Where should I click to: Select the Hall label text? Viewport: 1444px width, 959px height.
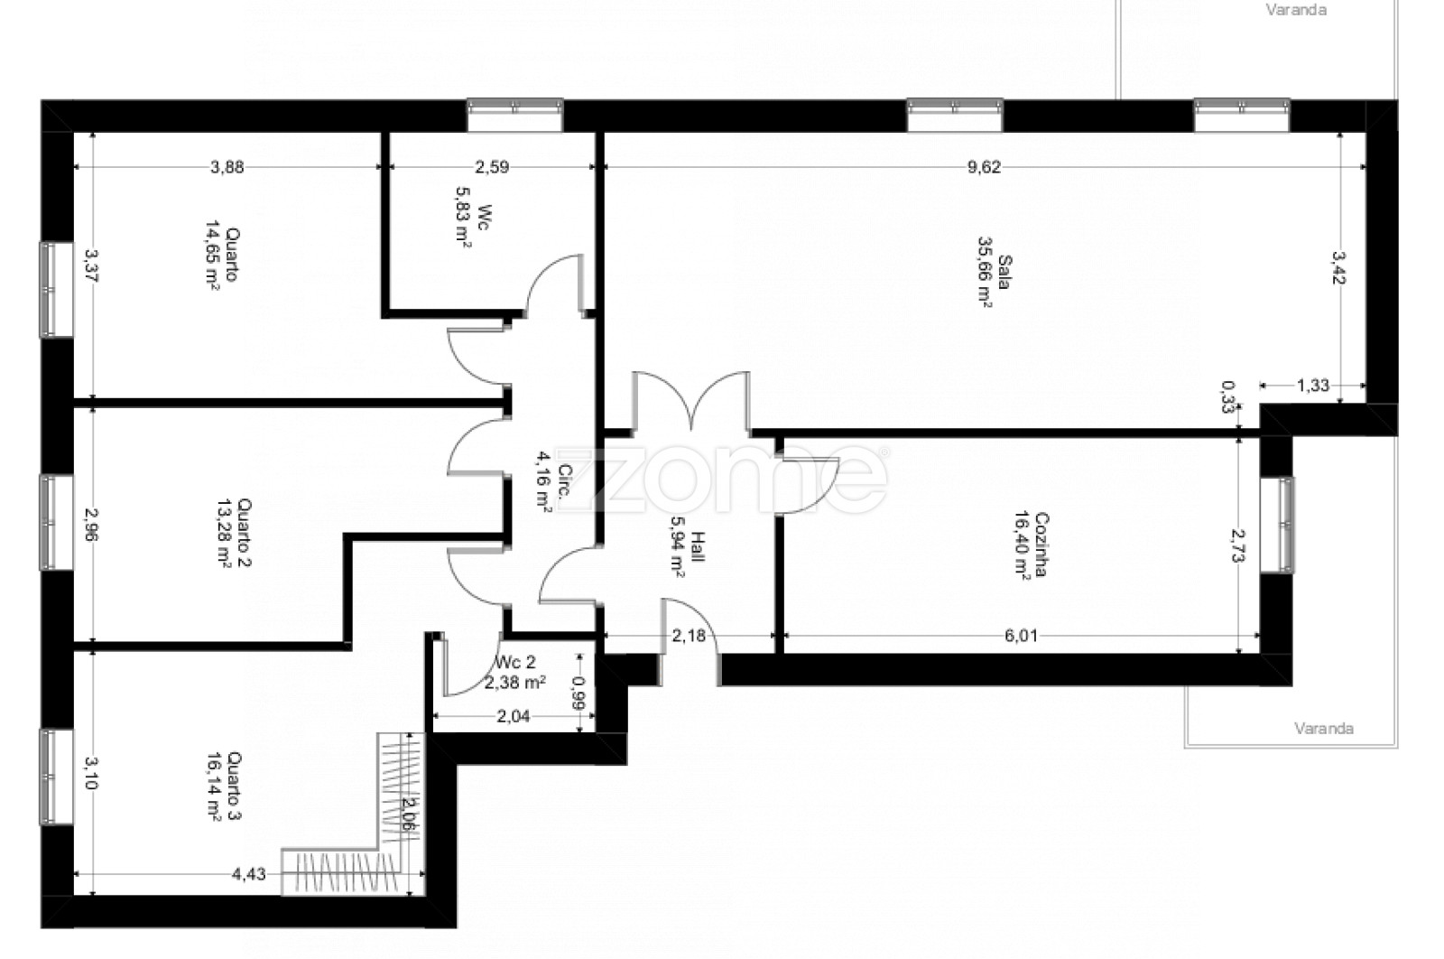(698, 547)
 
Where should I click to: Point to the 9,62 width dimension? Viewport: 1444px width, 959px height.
(985, 167)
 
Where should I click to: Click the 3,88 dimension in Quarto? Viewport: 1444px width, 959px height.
(227, 167)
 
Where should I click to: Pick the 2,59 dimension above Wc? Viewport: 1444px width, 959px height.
(492, 167)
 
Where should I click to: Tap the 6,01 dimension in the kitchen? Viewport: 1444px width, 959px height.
(1021, 636)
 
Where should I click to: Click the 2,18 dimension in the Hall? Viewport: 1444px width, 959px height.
(689, 636)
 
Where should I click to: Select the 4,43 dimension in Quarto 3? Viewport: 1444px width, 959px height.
(248, 874)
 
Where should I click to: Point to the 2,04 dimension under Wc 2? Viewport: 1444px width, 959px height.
(514, 716)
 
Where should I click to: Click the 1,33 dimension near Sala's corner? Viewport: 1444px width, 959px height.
(1312, 386)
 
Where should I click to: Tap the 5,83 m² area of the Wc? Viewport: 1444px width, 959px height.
(464, 218)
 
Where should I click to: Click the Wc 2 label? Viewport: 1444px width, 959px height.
(515, 662)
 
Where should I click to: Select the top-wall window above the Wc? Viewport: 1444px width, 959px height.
(515, 115)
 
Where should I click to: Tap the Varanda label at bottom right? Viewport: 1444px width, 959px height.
(1324, 729)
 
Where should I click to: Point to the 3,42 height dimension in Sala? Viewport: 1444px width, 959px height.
(1339, 267)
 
